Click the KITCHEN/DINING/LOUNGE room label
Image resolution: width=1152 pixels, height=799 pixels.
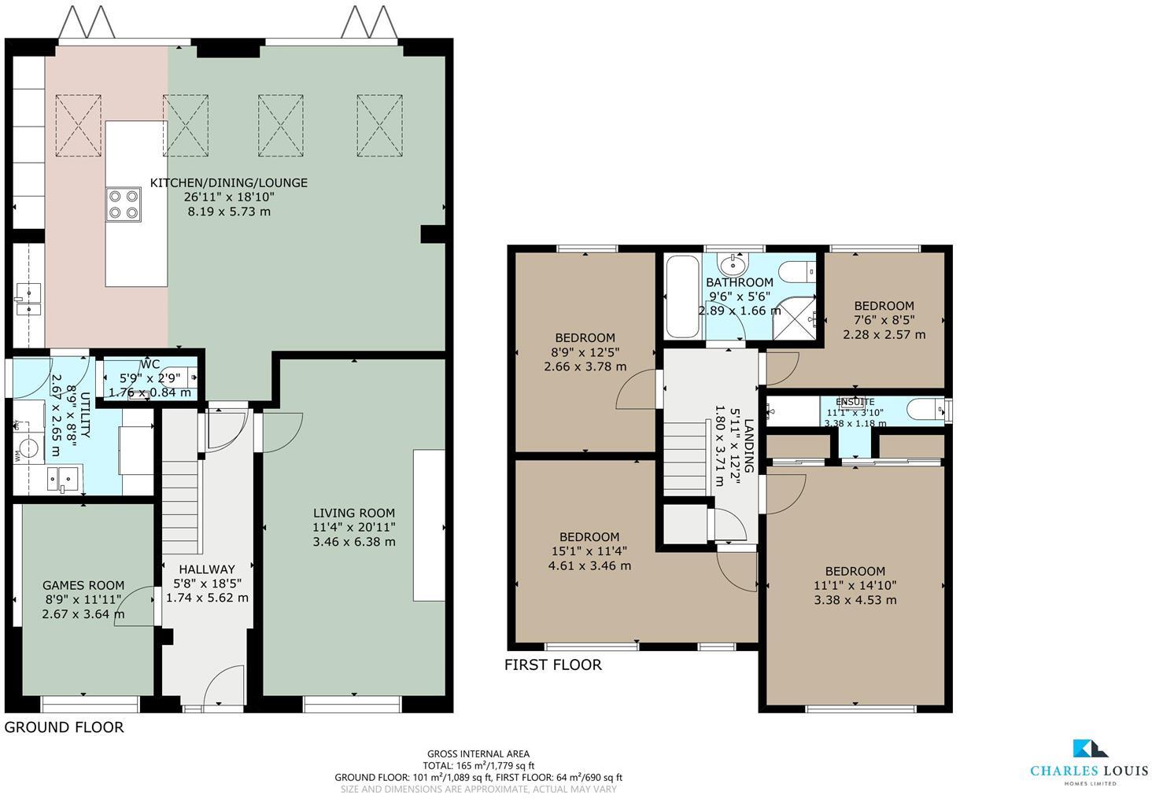tap(228, 182)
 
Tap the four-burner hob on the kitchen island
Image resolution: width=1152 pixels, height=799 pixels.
tap(124, 204)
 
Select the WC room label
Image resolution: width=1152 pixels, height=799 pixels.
tap(150, 364)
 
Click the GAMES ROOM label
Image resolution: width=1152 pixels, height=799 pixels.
tap(83, 585)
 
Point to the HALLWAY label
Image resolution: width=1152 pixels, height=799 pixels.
tap(207, 569)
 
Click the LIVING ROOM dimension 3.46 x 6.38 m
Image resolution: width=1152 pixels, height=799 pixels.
tap(354, 542)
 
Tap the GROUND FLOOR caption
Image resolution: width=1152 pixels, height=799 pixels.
tap(65, 727)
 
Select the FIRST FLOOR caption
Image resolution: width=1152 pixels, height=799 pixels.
tap(552, 665)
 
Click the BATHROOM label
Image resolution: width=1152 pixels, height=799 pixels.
tap(739, 282)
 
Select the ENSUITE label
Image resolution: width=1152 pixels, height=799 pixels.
tap(855, 402)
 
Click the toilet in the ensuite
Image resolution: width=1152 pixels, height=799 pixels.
tap(925, 409)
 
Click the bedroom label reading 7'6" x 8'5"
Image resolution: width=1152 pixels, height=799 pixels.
tap(884, 306)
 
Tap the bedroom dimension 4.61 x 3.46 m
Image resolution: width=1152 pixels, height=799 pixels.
tap(589, 565)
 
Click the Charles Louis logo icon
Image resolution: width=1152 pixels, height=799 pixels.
tap(1090, 749)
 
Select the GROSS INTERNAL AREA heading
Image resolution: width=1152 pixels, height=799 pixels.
tap(478, 753)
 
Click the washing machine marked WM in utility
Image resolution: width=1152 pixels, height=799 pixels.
tap(27, 449)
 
